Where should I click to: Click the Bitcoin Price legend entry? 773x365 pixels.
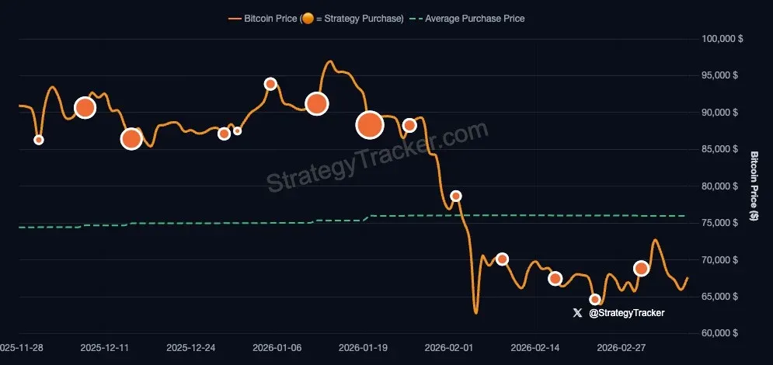tap(315, 18)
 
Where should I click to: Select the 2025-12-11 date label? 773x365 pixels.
tap(104, 348)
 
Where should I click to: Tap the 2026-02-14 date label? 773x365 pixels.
tap(538, 348)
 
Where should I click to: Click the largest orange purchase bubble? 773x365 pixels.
tap(370, 124)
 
